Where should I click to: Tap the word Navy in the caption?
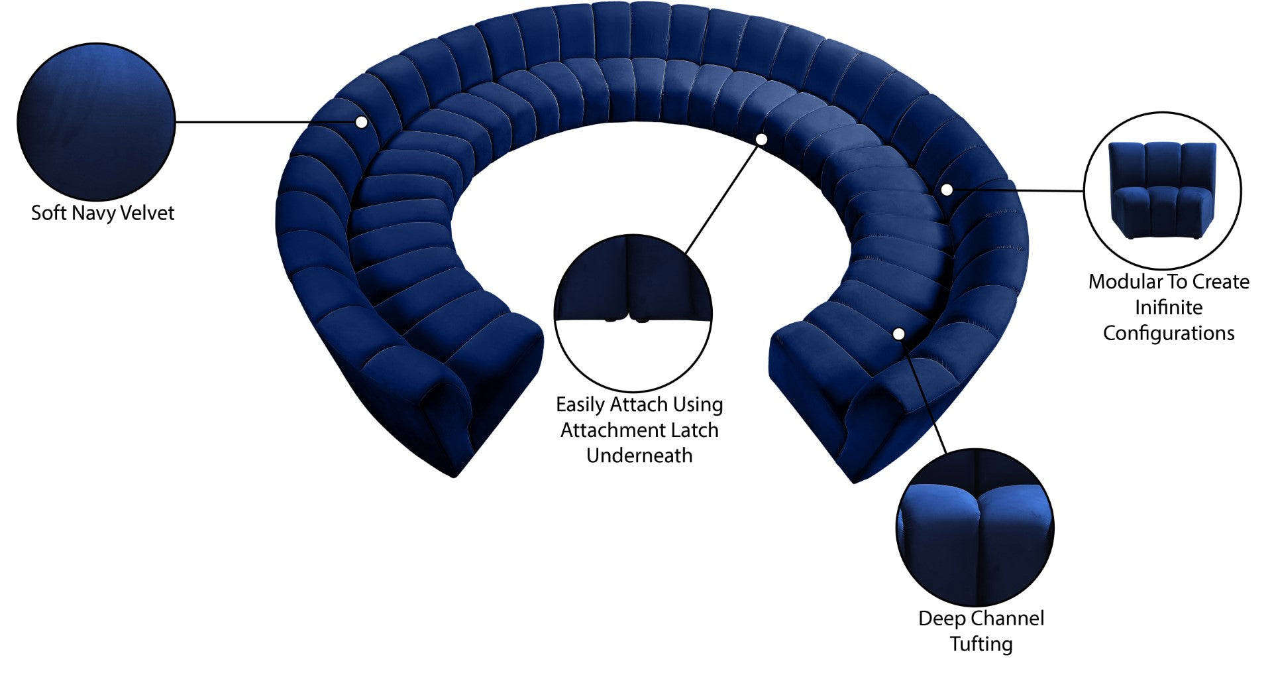tap(94, 214)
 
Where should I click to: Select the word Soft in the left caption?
tap(49, 213)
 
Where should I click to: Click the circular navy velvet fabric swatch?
tap(96, 122)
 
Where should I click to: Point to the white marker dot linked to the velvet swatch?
tap(361, 122)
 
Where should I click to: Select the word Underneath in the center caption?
tap(639, 456)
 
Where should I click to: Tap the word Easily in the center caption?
tap(580, 405)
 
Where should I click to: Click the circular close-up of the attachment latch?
tap(633, 312)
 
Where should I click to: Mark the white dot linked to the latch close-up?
tap(761, 139)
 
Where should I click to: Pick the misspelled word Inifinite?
tap(1169, 308)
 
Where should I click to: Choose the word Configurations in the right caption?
tap(1169, 334)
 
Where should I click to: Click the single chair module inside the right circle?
tap(1163, 190)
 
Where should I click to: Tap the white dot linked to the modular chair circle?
tap(947, 190)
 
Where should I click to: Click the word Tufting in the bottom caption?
tap(981, 645)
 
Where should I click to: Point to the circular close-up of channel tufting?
tap(975, 527)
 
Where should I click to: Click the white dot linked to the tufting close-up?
tap(899, 334)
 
